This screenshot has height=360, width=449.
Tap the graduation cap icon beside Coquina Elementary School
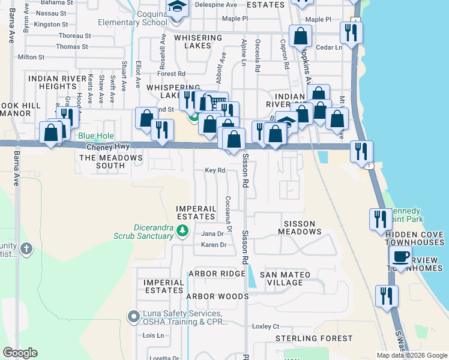177,7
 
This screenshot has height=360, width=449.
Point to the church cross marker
26,248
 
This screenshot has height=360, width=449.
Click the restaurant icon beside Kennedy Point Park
380,219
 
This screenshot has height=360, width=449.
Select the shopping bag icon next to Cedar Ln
300,36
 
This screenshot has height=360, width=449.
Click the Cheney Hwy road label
108,146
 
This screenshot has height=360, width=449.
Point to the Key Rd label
214,170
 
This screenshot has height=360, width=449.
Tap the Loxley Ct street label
266,326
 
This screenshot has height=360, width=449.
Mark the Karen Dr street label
214,245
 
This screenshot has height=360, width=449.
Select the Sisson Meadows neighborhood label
299,227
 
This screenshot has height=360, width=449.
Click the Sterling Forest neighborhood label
314,338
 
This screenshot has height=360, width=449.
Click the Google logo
20,352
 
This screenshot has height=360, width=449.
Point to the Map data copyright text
412,355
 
